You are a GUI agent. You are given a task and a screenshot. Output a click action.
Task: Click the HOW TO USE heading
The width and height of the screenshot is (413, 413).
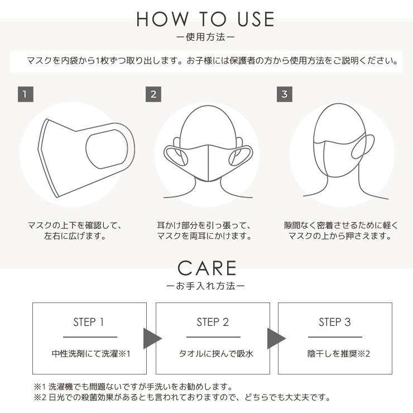click(206, 19)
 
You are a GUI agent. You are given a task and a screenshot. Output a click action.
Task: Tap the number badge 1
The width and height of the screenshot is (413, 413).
click(26, 94)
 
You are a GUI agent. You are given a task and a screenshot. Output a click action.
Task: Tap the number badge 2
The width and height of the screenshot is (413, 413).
click(153, 94)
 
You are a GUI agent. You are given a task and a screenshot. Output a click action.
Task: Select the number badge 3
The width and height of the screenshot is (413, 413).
click(285, 94)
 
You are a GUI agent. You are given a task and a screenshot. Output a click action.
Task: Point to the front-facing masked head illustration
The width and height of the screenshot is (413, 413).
click(206, 151)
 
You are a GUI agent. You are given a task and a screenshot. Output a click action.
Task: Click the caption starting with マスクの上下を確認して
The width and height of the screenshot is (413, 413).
click(75, 231)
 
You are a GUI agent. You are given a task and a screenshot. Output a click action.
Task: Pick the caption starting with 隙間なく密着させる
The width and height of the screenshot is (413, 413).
click(340, 231)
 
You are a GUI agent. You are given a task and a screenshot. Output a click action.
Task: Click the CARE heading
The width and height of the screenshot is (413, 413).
click(206, 268)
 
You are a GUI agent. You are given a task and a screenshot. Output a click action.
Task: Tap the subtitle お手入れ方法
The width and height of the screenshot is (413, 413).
click(206, 286)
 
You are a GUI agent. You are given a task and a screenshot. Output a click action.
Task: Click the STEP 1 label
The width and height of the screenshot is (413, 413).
click(89, 322)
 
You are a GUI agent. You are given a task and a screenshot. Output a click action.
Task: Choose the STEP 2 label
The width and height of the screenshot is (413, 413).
click(213, 322)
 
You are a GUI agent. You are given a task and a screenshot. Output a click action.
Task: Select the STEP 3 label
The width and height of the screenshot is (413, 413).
click(335, 322)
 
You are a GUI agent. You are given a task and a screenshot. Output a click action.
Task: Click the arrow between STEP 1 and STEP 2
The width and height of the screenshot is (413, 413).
click(152, 338)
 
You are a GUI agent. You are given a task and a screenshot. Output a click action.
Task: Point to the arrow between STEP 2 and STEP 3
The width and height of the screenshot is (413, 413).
click(275, 338)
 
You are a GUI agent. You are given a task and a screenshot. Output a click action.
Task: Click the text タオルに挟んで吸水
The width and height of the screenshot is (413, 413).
click(213, 354)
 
